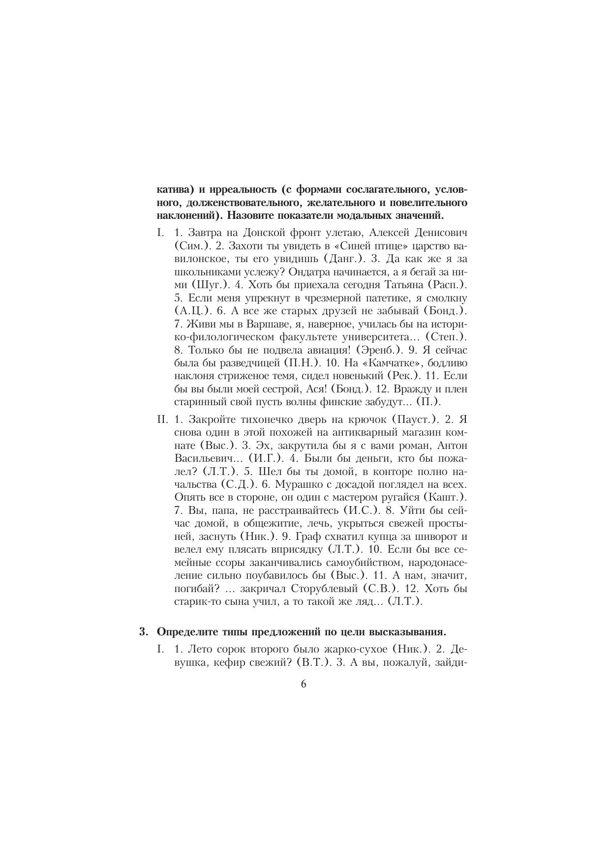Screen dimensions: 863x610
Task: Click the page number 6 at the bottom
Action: pyautogui.click(x=303, y=684)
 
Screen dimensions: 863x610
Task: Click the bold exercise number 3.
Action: pyautogui.click(x=143, y=631)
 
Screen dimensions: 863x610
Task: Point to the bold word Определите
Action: pyautogui.click(x=187, y=631)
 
